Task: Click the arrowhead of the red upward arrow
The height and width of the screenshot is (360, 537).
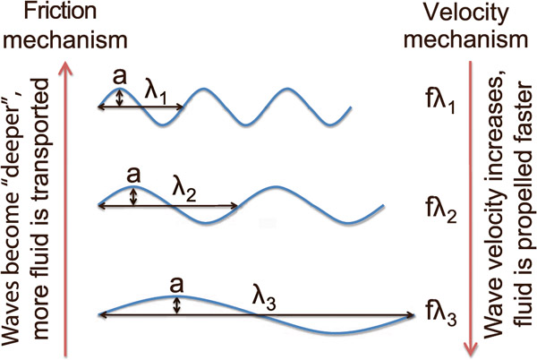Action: pyautogui.click(x=64, y=65)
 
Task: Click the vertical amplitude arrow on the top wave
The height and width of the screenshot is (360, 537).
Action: pyautogui.click(x=120, y=98)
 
